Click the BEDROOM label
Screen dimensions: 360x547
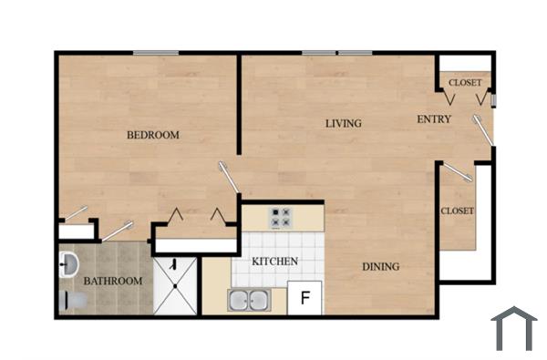click(x=152, y=135)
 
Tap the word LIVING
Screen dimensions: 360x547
click(x=344, y=123)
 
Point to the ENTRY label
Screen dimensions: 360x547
click(x=434, y=119)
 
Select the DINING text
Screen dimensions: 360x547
click(x=380, y=266)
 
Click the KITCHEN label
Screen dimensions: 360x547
click(x=275, y=262)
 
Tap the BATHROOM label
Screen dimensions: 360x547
click(x=113, y=281)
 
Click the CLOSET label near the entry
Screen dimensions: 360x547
click(x=465, y=83)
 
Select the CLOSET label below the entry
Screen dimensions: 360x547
click(x=457, y=211)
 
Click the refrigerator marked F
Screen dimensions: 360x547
click(x=305, y=298)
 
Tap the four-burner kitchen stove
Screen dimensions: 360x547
click(x=280, y=218)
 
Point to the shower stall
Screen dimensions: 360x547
click(x=175, y=284)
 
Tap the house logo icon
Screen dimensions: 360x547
click(x=514, y=328)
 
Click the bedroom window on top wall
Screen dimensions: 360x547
click(x=155, y=52)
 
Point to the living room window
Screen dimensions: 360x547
click(x=336, y=52)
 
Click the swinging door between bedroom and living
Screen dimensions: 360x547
click(x=229, y=177)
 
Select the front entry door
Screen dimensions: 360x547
click(x=483, y=129)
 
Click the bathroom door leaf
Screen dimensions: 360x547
click(x=116, y=231)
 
